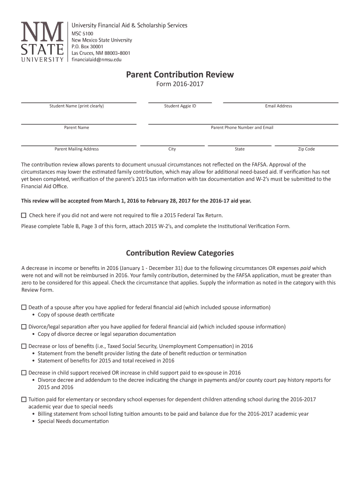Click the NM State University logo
(x=42, y=42)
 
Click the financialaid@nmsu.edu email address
(x=96, y=60)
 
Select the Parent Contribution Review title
(x=180, y=75)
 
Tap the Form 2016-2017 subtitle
(x=180, y=84)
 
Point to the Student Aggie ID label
(x=180, y=106)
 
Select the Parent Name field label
(x=77, y=128)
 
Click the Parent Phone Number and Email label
(x=242, y=128)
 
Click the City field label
(x=172, y=149)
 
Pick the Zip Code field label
(x=306, y=149)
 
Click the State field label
(x=239, y=149)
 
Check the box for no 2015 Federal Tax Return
(x=24, y=216)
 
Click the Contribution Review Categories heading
(x=180, y=253)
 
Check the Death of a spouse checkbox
(x=24, y=308)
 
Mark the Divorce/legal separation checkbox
(x=24, y=327)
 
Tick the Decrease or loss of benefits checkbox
(x=24, y=347)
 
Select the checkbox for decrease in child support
(x=24, y=373)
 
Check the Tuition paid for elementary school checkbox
(x=24, y=400)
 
